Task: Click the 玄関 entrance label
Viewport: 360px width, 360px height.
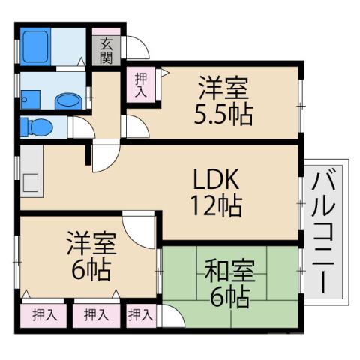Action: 106,50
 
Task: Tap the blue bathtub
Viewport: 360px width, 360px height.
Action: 35,47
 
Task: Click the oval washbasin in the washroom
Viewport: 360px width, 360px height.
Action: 67,100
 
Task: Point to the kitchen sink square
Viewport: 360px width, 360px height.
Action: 31,181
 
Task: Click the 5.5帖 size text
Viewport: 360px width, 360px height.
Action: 224,115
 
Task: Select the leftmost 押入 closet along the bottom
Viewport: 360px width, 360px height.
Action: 43,315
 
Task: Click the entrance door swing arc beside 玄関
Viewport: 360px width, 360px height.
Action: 136,49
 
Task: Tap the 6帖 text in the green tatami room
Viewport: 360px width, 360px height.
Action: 224,298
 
